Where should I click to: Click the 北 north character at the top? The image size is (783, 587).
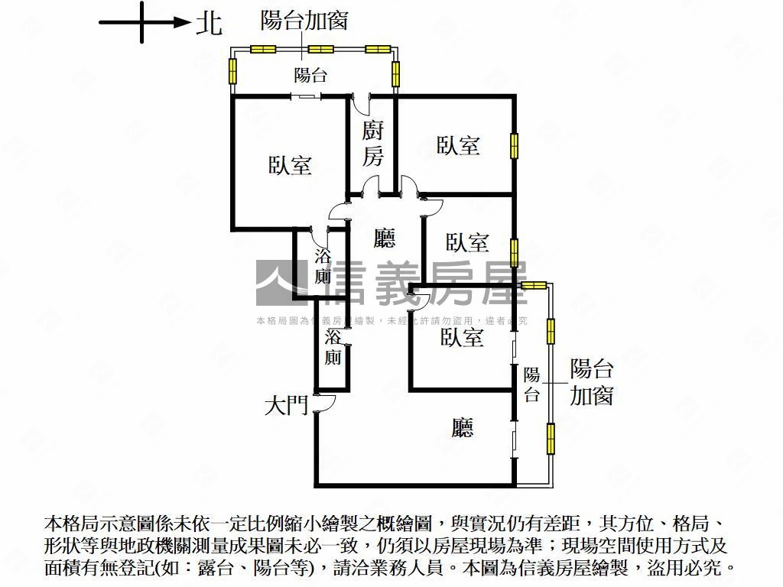[209, 22]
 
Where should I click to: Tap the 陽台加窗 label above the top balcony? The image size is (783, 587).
[304, 21]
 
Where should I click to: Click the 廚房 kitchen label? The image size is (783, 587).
[372, 143]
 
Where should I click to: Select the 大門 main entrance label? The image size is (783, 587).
[286, 405]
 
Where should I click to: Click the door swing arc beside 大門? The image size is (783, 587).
[322, 404]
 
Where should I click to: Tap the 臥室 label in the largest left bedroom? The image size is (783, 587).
[290, 165]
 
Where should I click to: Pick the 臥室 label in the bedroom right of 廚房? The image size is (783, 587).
[458, 145]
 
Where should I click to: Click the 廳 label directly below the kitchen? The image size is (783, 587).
[385, 239]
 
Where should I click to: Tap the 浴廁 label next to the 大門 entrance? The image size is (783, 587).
[333, 347]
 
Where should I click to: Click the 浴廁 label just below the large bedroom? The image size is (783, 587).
[323, 266]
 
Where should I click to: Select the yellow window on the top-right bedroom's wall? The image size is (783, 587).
[515, 145]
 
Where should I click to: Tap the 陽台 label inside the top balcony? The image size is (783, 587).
[311, 75]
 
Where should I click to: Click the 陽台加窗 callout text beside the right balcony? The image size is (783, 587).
[592, 382]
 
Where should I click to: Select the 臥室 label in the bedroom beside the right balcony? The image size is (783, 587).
[462, 337]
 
